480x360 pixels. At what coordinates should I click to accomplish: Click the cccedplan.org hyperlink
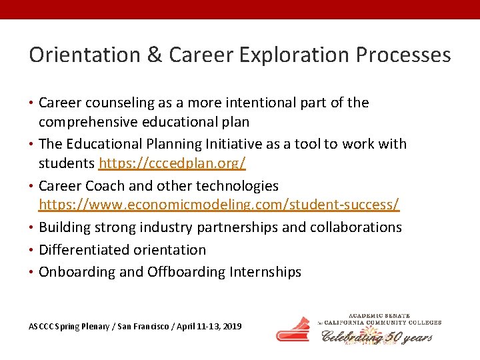(172, 163)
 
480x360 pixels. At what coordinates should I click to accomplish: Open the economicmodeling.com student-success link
(219, 205)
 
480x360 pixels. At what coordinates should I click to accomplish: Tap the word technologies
(235, 185)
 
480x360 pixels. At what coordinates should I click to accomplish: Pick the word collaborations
(355, 227)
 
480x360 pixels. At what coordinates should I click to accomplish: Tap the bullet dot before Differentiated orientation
(32, 250)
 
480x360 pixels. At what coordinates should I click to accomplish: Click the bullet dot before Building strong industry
(32, 227)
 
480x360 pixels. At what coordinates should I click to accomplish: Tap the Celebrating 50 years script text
(377, 337)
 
